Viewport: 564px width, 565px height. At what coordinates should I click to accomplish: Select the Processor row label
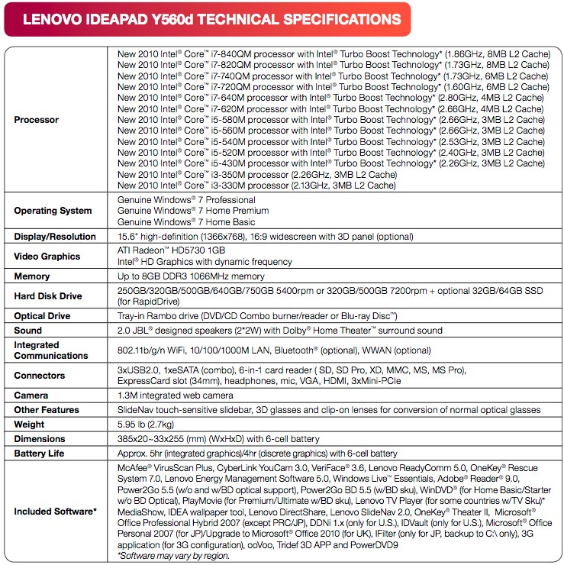37,120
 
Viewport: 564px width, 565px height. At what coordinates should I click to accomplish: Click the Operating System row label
53,211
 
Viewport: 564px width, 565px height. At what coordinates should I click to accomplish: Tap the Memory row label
32,276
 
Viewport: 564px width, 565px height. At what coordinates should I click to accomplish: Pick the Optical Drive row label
42,316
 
